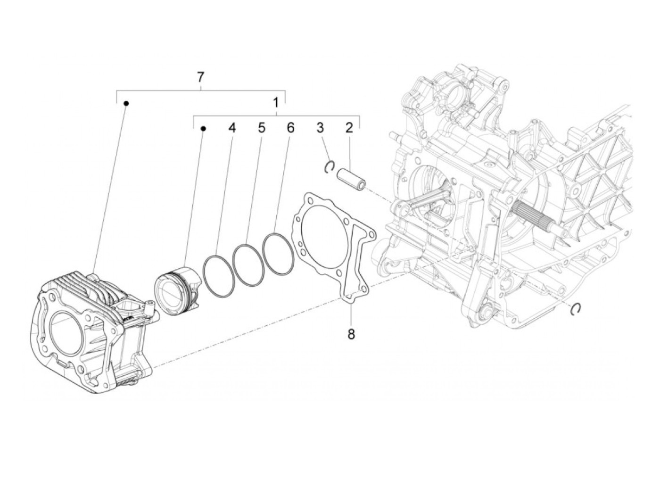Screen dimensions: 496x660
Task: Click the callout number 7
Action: [x=201, y=76]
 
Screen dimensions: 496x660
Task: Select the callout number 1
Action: [x=276, y=102]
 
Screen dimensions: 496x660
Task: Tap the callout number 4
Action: [x=231, y=128]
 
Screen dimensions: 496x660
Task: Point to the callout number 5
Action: [x=261, y=128]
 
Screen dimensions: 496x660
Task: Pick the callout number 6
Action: [x=290, y=128]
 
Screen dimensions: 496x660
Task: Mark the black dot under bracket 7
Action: [x=126, y=103]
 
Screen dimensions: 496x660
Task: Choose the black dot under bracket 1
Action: [x=204, y=128]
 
